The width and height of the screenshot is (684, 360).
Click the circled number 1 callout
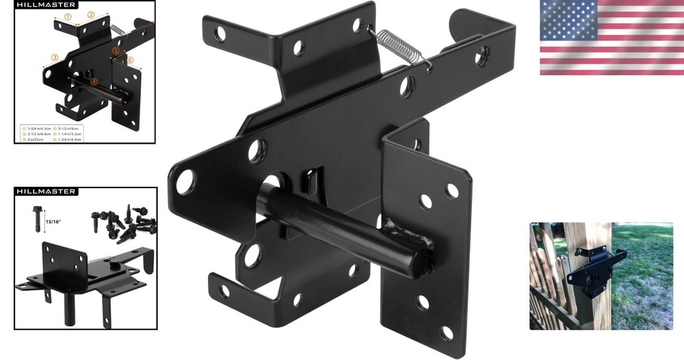pos(68,16)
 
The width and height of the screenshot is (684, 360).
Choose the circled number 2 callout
pos(90,14)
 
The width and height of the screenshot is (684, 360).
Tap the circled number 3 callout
pos(55,57)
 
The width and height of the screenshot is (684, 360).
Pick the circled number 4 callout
pos(94,82)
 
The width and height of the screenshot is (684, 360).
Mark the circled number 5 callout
pos(116,51)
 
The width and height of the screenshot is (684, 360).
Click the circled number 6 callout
pos(129,60)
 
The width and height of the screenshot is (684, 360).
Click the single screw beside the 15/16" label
pos(38,219)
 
